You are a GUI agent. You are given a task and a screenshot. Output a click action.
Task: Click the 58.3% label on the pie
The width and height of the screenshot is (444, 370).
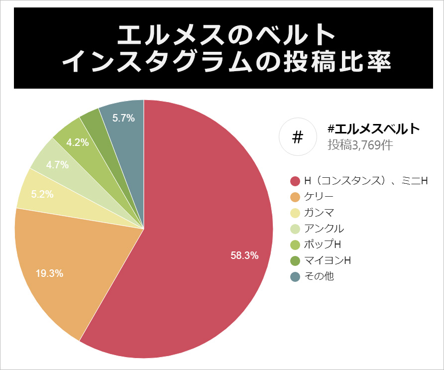click(244, 255)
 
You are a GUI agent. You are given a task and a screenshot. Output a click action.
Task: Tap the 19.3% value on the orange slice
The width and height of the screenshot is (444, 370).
click(49, 273)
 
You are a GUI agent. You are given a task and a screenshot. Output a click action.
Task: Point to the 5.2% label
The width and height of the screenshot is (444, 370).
click(42, 194)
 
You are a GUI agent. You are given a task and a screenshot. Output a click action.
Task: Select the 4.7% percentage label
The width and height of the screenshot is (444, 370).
click(57, 164)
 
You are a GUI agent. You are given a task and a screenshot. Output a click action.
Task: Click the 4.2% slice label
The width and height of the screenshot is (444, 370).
click(78, 142)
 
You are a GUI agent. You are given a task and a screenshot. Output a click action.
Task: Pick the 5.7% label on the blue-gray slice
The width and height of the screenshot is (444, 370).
click(123, 118)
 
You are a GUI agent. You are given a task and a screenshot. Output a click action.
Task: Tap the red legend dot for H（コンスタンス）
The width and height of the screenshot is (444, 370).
click(295, 181)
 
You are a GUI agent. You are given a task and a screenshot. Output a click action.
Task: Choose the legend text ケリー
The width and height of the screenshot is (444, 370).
click(319, 197)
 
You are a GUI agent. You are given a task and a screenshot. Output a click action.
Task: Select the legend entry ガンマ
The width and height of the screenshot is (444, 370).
click(319, 213)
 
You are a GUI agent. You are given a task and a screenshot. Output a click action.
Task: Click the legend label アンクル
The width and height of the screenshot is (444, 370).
click(324, 229)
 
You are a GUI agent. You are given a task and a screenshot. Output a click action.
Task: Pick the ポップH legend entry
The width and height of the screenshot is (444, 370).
click(322, 244)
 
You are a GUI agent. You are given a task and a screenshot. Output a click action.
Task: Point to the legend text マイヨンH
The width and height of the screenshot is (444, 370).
click(328, 260)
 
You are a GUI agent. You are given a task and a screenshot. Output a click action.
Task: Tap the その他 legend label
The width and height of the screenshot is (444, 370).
click(319, 276)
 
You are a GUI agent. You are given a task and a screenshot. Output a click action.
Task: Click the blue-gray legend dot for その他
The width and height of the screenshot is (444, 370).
click(295, 276)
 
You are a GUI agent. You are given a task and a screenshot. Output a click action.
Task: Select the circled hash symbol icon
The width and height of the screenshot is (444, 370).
click(298, 137)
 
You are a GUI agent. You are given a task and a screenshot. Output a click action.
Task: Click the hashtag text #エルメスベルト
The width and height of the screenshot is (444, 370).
click(374, 129)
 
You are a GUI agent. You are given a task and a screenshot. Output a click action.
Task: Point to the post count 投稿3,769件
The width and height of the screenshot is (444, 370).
click(360, 145)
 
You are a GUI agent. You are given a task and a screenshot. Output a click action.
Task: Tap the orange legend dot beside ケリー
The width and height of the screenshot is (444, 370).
click(295, 197)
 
